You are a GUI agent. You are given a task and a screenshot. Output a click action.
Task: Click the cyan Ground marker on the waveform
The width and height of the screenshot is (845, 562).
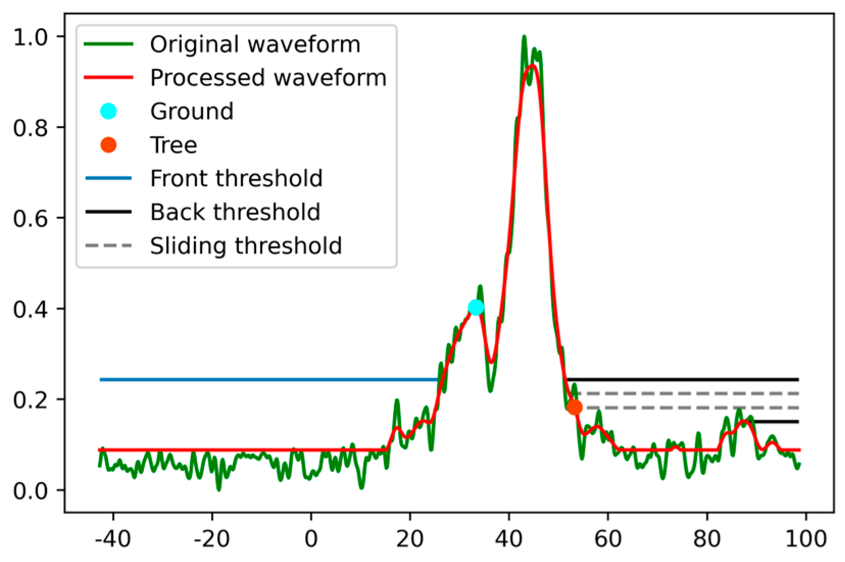(476, 308)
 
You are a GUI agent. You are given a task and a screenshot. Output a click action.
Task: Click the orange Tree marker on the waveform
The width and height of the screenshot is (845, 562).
(574, 407)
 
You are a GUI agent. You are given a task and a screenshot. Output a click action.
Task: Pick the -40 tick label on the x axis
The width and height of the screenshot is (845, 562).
(113, 539)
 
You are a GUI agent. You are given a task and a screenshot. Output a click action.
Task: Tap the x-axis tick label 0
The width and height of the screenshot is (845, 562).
(311, 539)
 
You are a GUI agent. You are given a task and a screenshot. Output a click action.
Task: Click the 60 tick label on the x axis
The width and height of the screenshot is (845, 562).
(608, 539)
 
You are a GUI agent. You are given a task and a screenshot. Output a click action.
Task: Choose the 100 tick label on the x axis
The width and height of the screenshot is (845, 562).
(806, 539)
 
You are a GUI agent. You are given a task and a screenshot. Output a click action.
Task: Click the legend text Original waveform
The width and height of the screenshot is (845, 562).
(255, 44)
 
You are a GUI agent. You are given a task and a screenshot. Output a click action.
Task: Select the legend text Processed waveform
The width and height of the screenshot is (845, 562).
(268, 78)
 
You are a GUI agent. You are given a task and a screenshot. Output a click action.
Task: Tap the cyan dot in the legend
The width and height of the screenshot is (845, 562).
(108, 111)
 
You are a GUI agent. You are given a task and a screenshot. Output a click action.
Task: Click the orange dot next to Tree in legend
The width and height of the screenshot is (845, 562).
(108, 145)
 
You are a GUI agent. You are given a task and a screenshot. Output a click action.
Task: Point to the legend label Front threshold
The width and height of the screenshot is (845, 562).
(236, 178)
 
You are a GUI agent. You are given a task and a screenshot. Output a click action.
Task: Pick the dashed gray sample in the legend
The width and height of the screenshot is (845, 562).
(108, 246)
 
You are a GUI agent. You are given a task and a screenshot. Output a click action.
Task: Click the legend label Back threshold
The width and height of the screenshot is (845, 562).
(235, 212)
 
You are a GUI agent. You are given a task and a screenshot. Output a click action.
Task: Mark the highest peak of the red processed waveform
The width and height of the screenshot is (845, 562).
(532, 66)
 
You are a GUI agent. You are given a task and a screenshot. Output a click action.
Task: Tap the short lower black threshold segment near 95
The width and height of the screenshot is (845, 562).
(776, 422)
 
